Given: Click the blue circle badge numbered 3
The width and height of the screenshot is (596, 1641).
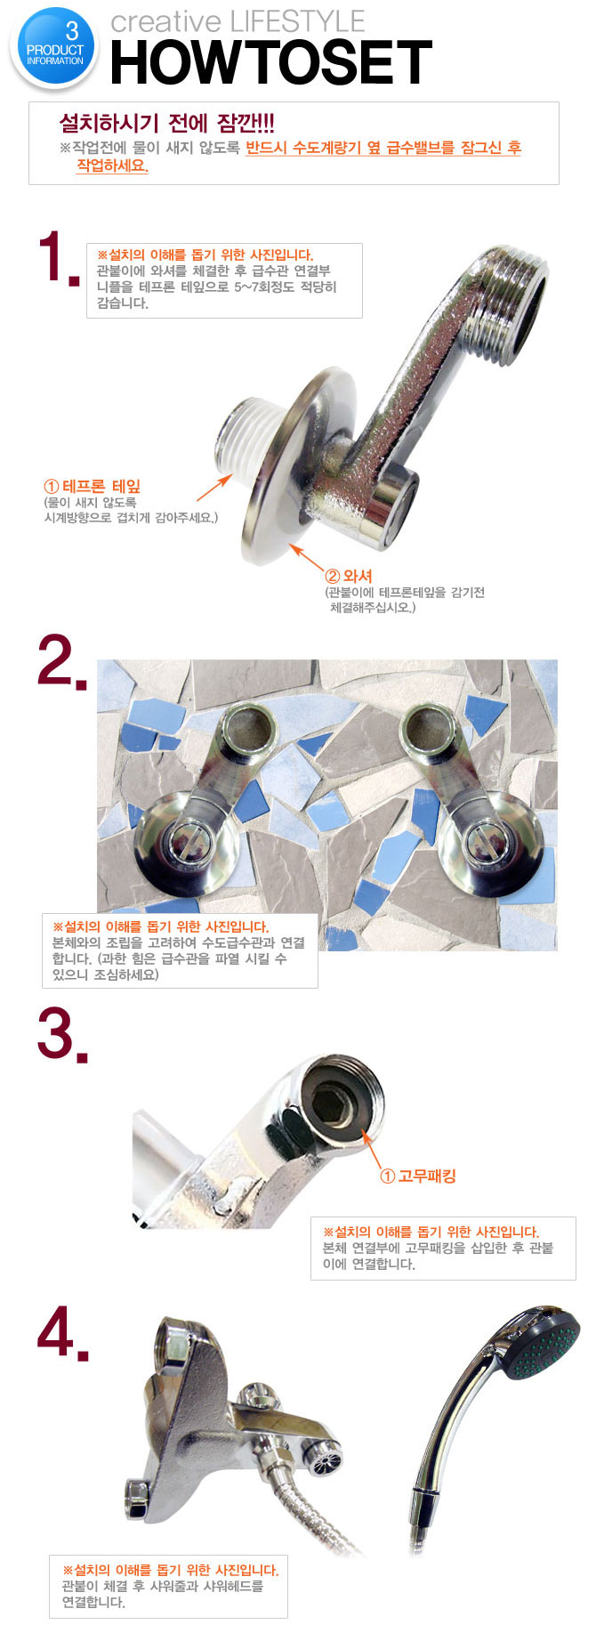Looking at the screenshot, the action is point(55,50).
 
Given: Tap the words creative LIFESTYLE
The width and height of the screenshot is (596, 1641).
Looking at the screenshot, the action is point(238,21).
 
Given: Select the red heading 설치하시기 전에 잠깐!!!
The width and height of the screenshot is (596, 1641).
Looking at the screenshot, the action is point(167,123).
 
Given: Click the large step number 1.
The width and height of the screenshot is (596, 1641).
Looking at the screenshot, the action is point(59,258).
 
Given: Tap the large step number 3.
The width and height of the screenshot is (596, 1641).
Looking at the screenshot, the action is point(62,1035).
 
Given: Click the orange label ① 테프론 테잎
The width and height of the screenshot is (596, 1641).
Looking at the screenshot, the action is point(93,486).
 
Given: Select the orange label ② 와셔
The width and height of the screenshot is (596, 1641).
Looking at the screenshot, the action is point(349,576).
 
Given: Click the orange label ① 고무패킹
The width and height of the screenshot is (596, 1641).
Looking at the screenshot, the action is point(418,1176).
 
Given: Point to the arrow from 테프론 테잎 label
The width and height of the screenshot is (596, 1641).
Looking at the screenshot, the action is point(214,488).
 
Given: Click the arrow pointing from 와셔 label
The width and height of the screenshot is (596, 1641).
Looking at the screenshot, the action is point(308,558).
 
